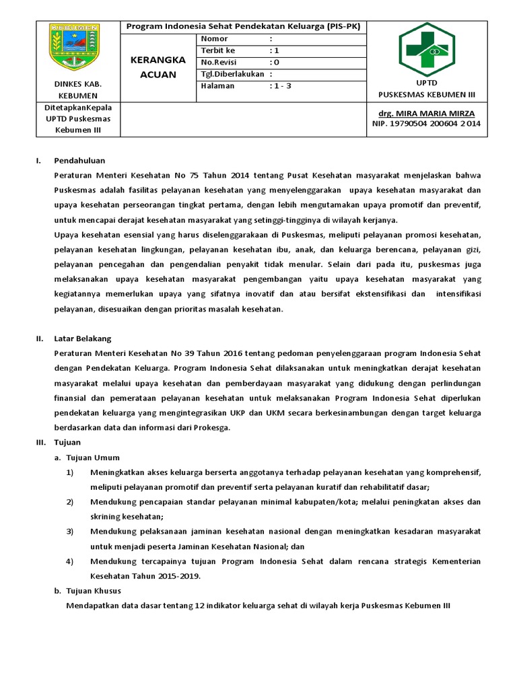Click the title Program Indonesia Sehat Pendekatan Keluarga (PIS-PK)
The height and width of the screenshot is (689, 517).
coord(243,26)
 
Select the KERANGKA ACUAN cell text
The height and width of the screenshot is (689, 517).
coord(158,67)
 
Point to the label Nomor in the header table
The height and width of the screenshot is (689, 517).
coord(214,39)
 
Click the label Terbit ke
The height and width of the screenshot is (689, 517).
coord(218,50)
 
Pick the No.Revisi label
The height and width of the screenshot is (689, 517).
coord(219,62)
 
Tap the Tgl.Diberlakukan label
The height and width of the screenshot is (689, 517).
coord(232,74)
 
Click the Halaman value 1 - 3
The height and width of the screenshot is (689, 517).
coord(281,85)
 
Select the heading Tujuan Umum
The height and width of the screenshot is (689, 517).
coord(92,457)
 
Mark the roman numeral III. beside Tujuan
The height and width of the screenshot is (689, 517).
coord(41,442)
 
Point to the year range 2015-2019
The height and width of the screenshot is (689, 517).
coord(178,576)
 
